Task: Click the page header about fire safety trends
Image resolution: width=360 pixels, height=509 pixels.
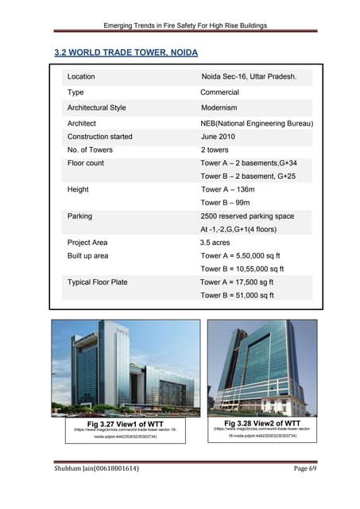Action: (180, 26)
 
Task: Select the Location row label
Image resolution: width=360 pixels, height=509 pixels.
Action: (81, 77)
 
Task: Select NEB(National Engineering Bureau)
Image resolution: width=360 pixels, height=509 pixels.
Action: (257, 123)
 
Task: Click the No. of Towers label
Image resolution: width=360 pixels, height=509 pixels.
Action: (90, 150)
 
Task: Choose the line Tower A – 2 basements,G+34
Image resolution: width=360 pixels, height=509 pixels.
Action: (250, 163)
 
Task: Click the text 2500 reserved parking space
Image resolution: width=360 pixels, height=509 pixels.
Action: (247, 216)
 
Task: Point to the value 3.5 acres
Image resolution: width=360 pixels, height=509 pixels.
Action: (217, 243)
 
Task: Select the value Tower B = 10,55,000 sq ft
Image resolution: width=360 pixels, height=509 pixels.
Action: (247, 269)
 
